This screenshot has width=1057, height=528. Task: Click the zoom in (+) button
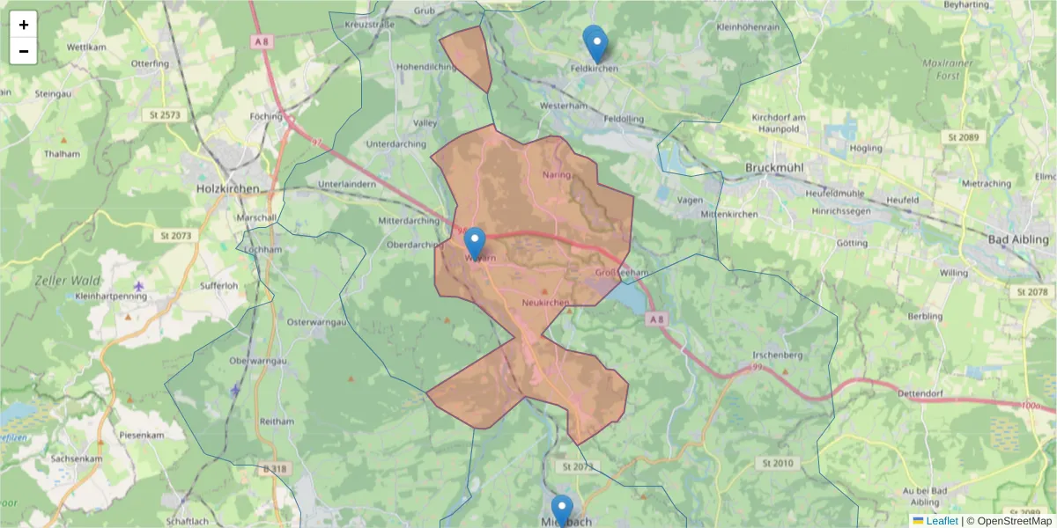[x=24, y=25]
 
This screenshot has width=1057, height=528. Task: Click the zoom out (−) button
[x=24, y=51]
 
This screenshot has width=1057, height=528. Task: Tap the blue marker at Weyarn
[x=475, y=243]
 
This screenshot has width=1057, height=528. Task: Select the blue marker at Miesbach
[x=562, y=510]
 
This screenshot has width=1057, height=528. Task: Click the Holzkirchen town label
[x=228, y=188]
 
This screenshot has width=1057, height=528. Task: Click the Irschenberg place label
[x=777, y=354]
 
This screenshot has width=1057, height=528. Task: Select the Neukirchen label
[x=546, y=303]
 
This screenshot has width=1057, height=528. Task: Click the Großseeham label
[x=622, y=273]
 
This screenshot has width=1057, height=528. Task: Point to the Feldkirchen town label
[x=595, y=68]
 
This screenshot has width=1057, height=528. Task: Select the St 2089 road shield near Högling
[x=963, y=137]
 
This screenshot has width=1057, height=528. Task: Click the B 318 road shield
[x=274, y=469]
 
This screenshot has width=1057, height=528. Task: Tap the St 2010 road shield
[x=774, y=463]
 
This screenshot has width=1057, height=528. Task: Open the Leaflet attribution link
[x=942, y=521]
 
